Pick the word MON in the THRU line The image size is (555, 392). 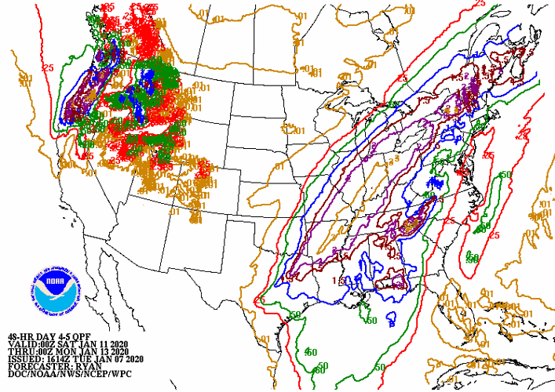(68, 351)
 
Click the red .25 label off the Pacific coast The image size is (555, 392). (51, 68)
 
